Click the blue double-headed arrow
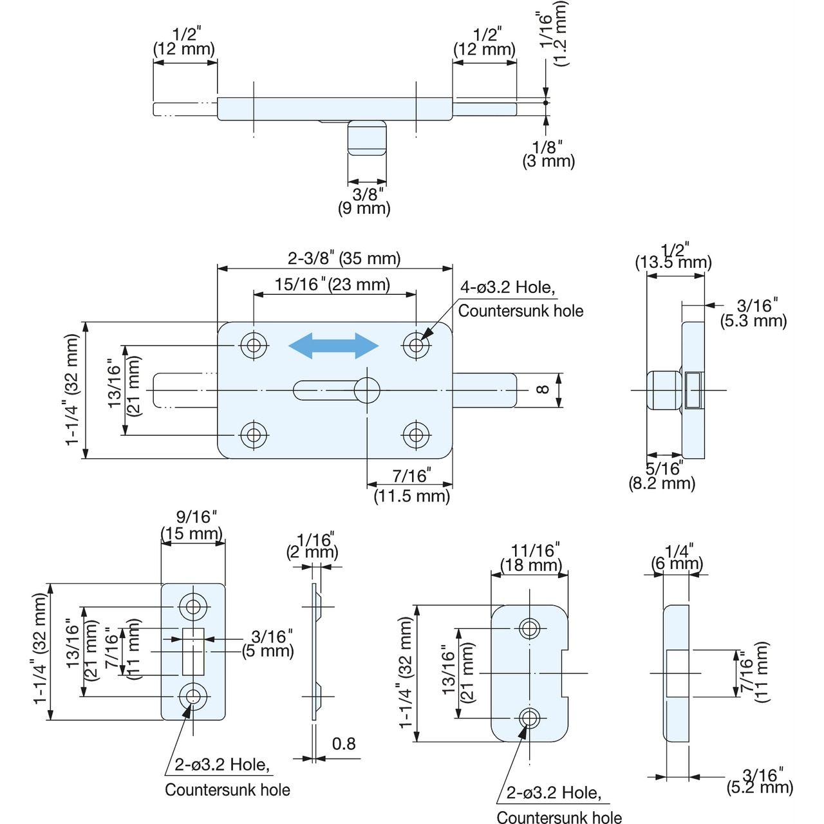click(x=333, y=346)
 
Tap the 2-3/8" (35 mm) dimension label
click(x=344, y=258)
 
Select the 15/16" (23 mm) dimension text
click(x=332, y=285)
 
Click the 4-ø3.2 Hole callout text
click(x=507, y=287)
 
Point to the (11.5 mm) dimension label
click(x=412, y=496)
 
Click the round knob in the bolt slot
click(x=367, y=390)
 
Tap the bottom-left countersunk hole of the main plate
click(x=254, y=435)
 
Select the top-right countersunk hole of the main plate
click(x=416, y=344)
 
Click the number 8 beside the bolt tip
click(x=542, y=389)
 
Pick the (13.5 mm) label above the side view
click(x=673, y=262)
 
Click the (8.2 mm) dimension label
click(x=662, y=483)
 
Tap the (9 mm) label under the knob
click(x=364, y=208)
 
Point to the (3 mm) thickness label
click(x=548, y=161)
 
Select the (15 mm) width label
click(x=192, y=534)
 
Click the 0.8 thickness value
click(x=344, y=744)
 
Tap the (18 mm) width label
click(x=530, y=565)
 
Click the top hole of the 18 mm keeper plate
click(x=529, y=628)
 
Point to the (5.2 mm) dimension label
click(x=760, y=787)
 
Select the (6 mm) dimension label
click(x=677, y=563)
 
